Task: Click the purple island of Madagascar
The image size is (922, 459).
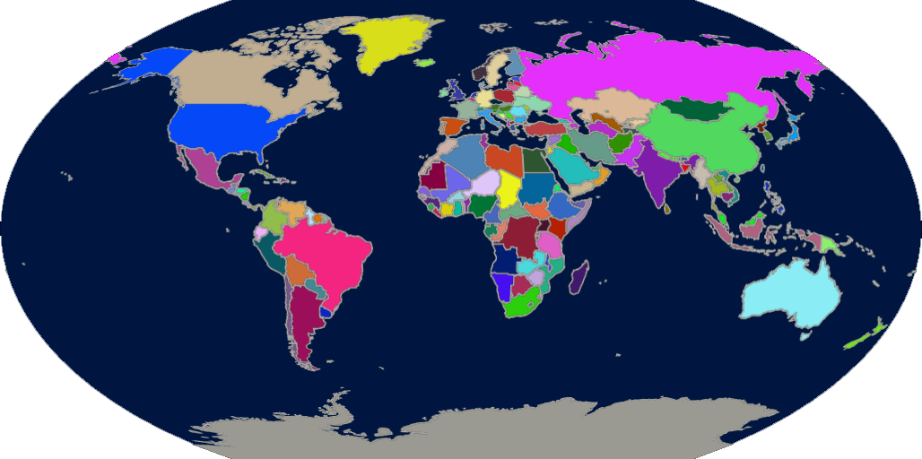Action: coord(578,278)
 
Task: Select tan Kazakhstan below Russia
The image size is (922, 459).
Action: coord(610,106)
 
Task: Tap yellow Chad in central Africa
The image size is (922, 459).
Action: coord(509,188)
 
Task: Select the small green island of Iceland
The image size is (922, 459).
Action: coord(425,63)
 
